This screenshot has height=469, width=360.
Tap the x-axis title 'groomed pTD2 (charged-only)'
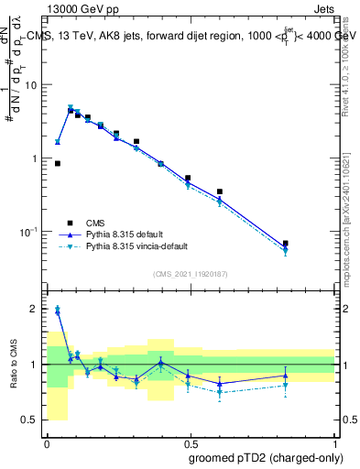[266, 456]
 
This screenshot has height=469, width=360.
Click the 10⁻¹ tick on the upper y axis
[29, 232]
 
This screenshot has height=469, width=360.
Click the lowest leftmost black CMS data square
[58, 163]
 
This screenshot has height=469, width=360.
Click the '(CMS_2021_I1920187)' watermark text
[190, 273]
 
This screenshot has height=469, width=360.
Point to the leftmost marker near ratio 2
[58, 311]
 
